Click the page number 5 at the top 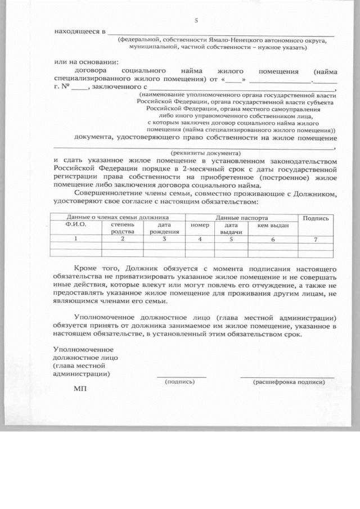point(196,21)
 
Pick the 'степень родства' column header point(122,228)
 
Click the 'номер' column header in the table point(200,225)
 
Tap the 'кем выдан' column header point(273,225)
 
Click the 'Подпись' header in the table point(316,218)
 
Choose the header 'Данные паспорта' point(242,217)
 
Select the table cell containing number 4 point(200,239)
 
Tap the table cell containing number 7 point(316,239)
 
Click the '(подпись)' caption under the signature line point(179,381)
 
